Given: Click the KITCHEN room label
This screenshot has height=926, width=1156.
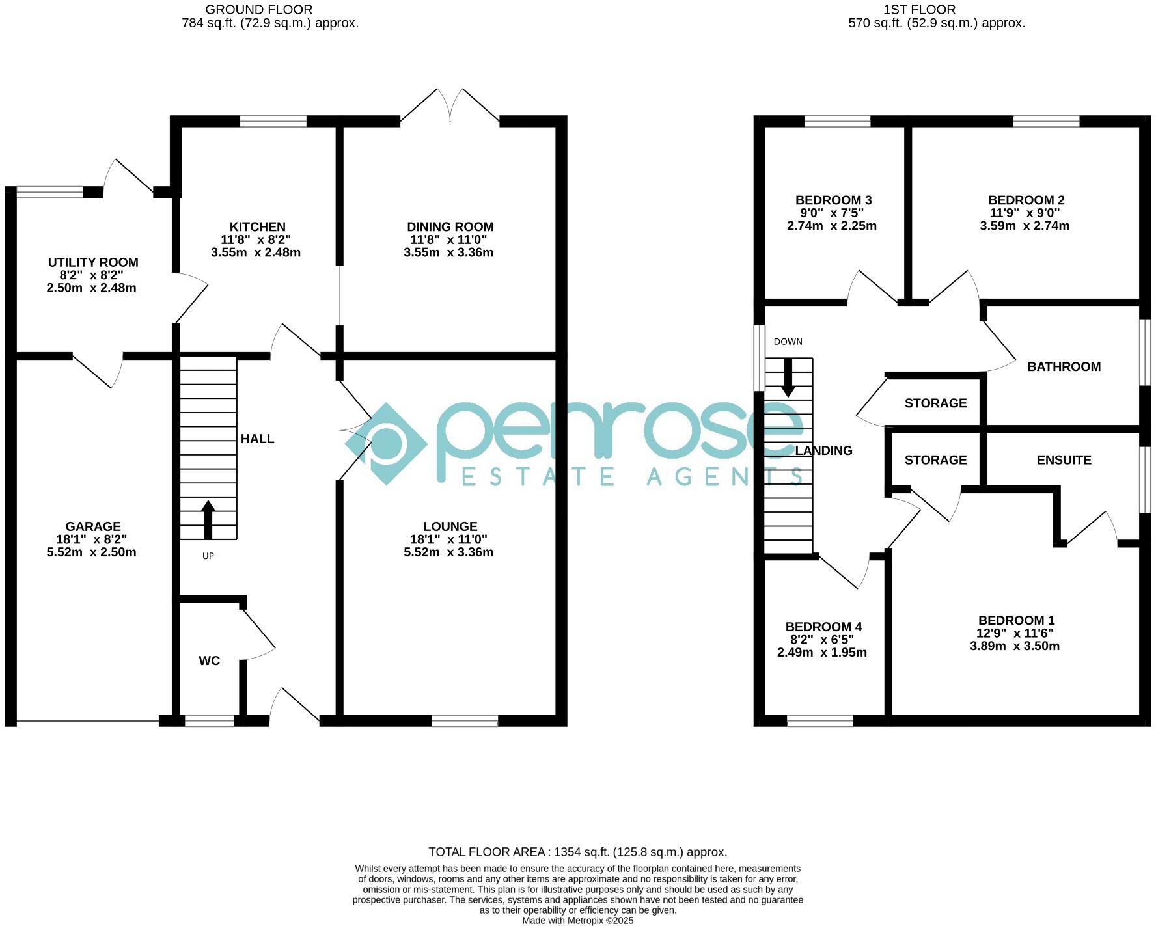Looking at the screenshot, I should (257, 226).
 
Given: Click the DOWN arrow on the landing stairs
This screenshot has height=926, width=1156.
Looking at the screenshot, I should (788, 377).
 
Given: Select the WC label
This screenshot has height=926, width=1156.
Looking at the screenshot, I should (209, 660).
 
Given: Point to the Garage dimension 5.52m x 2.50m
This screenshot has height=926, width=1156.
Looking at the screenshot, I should (92, 552).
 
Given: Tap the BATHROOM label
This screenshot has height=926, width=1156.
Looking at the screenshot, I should (1064, 366).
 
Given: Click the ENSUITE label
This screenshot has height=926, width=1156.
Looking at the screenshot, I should (1064, 460).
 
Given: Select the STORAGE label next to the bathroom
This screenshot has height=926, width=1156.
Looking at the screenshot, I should (935, 403).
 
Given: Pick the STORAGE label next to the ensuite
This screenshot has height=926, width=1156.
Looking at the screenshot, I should (935, 460).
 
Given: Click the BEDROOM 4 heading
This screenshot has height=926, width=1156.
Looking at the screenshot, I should (823, 627).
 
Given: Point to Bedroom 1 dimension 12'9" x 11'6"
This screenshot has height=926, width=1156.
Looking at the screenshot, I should (1015, 633).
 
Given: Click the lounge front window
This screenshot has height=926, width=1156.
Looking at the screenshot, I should (465, 720).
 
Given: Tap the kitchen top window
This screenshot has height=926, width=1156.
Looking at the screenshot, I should (273, 121).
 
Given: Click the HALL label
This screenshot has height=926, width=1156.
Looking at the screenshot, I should (257, 439).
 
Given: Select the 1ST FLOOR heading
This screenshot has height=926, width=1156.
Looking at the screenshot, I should (919, 10).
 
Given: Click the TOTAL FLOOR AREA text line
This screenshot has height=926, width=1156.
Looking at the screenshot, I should (577, 852).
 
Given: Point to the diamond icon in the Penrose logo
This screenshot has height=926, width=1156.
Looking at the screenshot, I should (386, 444).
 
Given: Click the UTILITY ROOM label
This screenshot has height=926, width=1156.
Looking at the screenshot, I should (93, 262).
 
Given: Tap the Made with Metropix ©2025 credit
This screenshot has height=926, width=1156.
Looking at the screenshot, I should (577, 921).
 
